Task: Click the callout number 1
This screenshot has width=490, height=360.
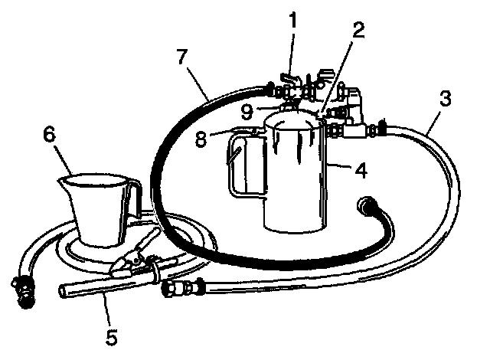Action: click(x=292, y=21)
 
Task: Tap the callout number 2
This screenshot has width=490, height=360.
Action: click(x=358, y=31)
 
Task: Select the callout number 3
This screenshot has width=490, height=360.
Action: click(x=445, y=98)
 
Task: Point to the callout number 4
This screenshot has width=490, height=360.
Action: click(x=361, y=170)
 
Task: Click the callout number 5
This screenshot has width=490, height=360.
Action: click(x=111, y=337)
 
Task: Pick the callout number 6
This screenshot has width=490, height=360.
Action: click(x=49, y=134)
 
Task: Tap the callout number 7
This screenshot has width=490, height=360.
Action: click(x=182, y=57)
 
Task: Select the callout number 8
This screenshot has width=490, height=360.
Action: click(x=201, y=139)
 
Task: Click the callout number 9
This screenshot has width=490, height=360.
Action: click(x=247, y=112)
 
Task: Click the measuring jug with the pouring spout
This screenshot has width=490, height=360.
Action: click(x=99, y=209)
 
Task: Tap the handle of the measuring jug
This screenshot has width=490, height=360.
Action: click(x=132, y=200)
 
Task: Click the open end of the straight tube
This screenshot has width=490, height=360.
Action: click(x=64, y=291)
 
